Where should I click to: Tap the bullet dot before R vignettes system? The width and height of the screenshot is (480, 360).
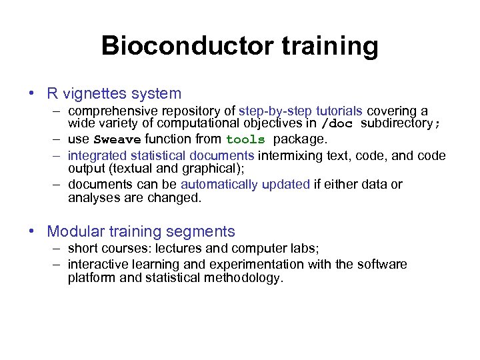point(33,94)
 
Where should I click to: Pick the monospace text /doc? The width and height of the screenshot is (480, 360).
point(335,123)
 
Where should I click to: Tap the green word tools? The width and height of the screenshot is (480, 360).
point(245,140)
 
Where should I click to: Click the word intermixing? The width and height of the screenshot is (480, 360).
point(291,155)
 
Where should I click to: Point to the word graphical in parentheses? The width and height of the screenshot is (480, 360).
point(207,169)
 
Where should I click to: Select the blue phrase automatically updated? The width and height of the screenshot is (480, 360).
point(245,184)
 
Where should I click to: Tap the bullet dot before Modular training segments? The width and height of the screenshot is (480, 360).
point(33,231)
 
